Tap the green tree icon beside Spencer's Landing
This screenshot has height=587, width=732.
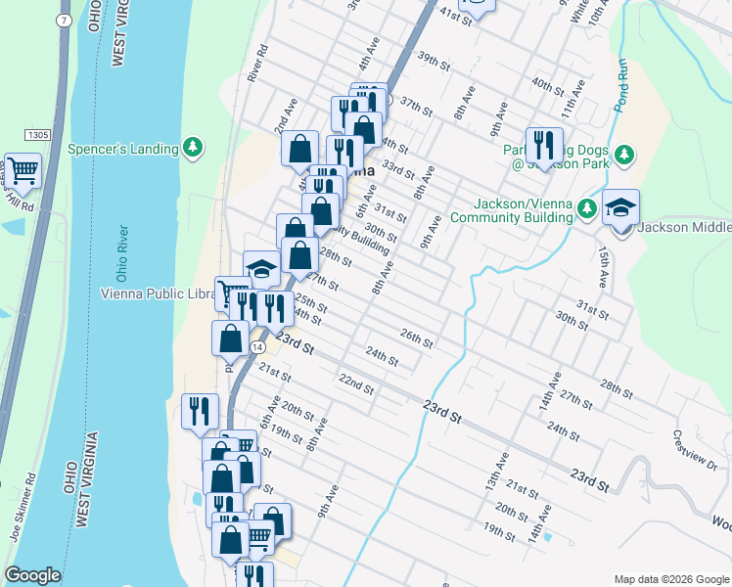pos(195,148)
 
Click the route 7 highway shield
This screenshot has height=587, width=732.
pos(64,20)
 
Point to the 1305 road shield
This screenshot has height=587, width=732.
pos(38,132)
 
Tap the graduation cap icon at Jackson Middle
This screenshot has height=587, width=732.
pos(620,208)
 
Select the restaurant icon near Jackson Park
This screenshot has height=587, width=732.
pos(543,146)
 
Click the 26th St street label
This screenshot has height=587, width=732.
pos(416,339)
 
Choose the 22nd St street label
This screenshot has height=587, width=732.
pos(356,383)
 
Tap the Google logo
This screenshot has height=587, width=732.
pos(32,575)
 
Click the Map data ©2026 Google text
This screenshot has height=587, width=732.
pos(670,579)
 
